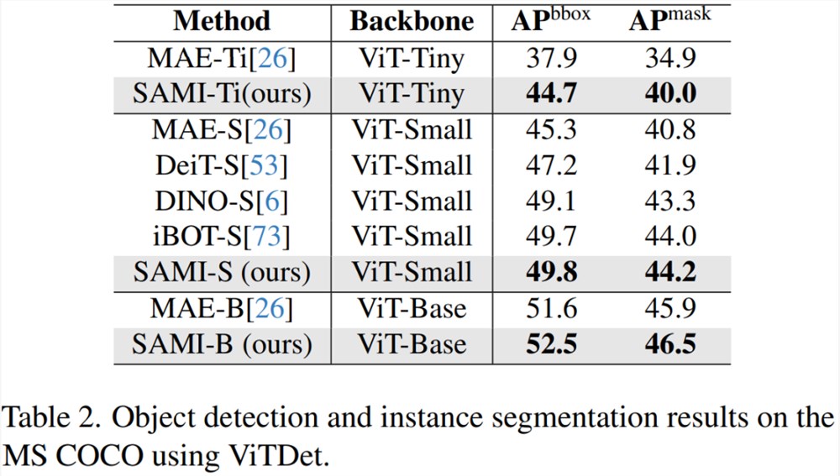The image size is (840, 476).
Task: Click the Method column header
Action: (x=222, y=22)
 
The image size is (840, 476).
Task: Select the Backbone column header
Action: (x=412, y=22)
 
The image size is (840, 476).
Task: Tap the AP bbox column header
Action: (x=551, y=19)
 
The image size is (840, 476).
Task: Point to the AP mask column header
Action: (x=669, y=19)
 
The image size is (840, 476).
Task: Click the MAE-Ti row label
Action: (x=221, y=58)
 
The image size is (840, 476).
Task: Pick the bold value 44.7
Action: (x=551, y=93)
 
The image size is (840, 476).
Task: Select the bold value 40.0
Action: (x=670, y=93)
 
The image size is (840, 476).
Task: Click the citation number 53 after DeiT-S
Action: (x=264, y=165)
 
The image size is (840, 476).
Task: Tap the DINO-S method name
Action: (x=206, y=201)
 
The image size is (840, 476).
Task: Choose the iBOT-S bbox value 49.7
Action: (x=551, y=236)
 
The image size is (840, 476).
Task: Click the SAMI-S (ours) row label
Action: (x=222, y=272)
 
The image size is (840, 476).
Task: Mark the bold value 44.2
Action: (x=670, y=272)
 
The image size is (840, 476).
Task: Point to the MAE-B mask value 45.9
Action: (x=670, y=308)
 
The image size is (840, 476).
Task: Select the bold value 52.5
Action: (x=551, y=343)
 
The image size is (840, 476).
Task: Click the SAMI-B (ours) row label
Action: (x=222, y=343)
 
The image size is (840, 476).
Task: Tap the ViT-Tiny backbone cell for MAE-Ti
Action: (x=412, y=58)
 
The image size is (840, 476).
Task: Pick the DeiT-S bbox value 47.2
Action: (x=551, y=165)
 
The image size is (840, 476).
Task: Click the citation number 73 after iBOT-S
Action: (x=267, y=236)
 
